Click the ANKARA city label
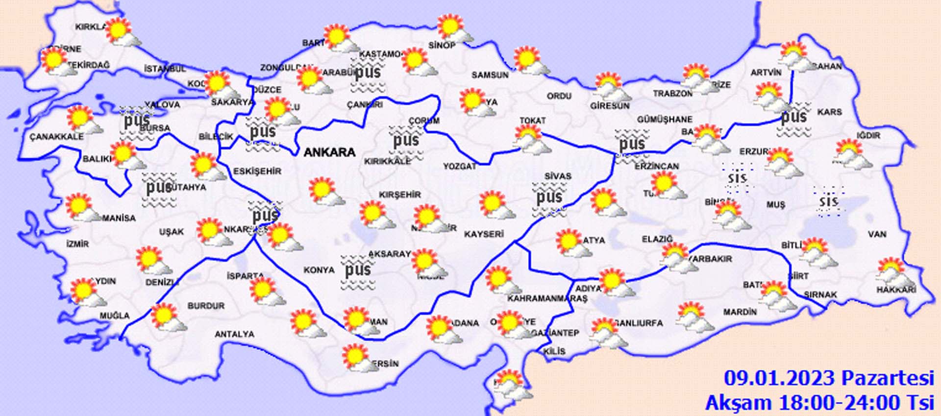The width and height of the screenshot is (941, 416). click(329, 152)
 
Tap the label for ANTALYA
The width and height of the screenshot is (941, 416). click(234, 334)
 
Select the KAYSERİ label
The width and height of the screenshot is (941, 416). click(484, 234)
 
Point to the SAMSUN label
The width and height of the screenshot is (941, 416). click(490, 75)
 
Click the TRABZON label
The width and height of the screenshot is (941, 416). click(672, 93)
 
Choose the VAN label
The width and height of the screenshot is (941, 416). click(877, 234)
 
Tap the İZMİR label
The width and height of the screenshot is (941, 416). click(77, 244)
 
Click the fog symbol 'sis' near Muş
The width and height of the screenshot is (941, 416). click(829, 201)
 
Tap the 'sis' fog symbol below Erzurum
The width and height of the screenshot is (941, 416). click(737, 177)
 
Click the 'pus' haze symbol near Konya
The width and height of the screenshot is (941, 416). click(358, 270)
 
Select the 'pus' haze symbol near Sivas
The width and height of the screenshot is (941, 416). click(549, 197)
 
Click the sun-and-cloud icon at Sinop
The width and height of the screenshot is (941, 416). click(454, 28)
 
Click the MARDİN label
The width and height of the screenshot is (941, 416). click(740, 312)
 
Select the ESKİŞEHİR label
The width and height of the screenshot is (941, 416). click(257, 171)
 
